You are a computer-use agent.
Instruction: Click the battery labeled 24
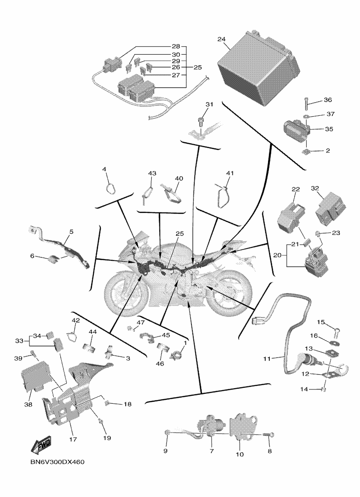pyautogui.click(x=259, y=68)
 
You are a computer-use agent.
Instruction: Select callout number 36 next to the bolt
pyautogui.click(x=328, y=100)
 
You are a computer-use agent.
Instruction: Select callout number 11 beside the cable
pyautogui.click(x=267, y=359)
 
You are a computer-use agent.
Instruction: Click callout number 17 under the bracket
pyautogui.click(x=73, y=440)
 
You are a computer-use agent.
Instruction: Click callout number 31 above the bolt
pyautogui.click(x=209, y=104)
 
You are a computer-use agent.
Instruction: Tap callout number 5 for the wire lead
pyautogui.click(x=71, y=231)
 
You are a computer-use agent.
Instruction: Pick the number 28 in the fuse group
pyautogui.click(x=175, y=47)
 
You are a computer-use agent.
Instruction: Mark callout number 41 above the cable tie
pyautogui.click(x=229, y=173)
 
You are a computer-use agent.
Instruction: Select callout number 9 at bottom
pyautogui.click(x=165, y=452)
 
